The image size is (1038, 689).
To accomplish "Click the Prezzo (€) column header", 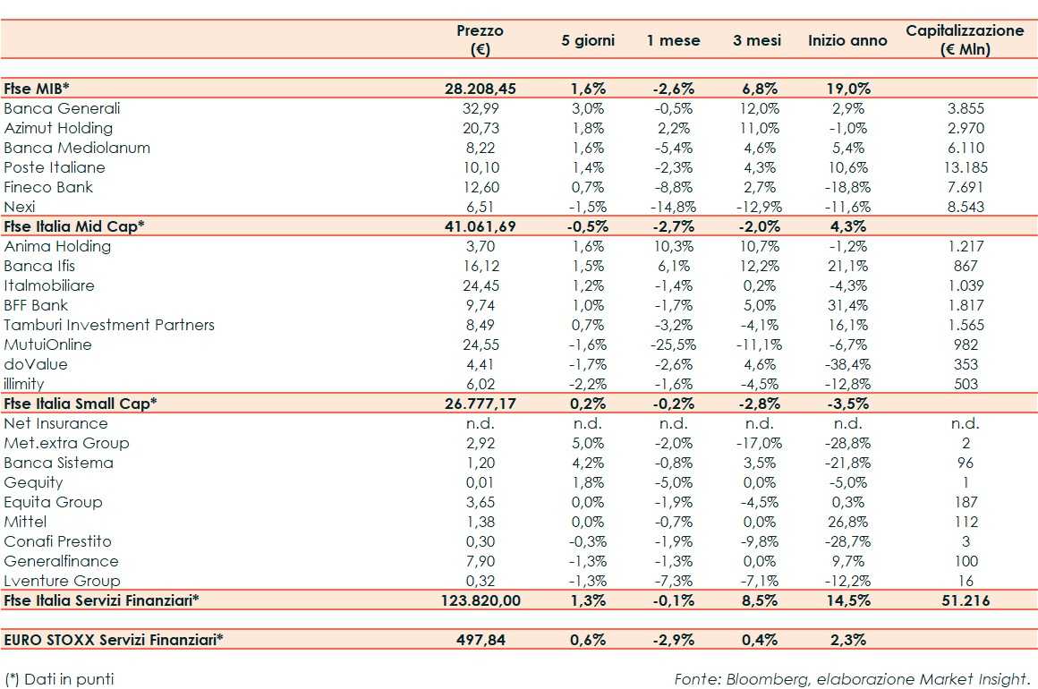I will pos(480,40).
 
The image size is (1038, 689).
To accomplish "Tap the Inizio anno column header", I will pos(847,40).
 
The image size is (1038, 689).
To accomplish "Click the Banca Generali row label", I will pos(62,108).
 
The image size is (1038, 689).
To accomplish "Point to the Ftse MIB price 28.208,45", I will pos(481,89).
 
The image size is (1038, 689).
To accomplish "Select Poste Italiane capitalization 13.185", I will pos(966,167).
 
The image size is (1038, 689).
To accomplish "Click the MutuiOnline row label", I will pos(47,344).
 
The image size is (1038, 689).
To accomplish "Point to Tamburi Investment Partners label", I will pos(109,325).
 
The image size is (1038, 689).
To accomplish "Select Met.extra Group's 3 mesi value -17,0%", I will pos(759,443).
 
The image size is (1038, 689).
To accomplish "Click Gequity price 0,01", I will pos(484,482).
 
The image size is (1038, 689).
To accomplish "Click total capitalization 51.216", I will pos(965,600).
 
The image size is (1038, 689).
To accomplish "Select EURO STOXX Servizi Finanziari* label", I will pos(113,640).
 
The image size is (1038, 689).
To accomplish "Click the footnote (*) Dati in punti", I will pos(59,678).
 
